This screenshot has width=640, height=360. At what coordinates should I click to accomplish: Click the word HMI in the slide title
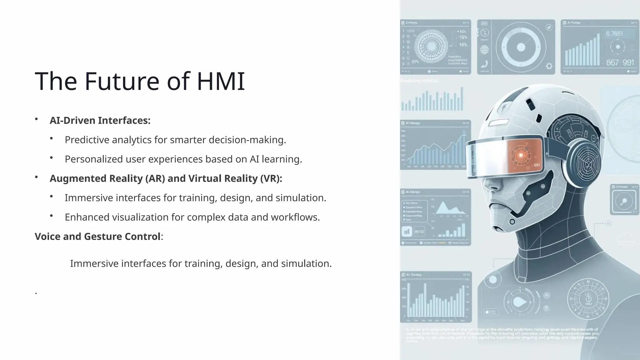point(221,81)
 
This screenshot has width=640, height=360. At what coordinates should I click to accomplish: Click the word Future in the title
point(122,81)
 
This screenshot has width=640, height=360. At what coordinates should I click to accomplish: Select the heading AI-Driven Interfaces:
point(100,120)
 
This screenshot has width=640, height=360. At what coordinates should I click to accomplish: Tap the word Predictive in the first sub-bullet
point(87,140)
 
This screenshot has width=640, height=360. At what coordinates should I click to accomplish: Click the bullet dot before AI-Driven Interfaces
point(37,119)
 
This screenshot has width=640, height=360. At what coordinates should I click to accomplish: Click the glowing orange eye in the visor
point(521,155)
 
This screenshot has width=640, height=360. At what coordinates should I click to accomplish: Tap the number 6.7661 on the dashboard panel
point(614,34)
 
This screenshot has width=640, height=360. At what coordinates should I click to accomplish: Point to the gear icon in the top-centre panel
point(549,66)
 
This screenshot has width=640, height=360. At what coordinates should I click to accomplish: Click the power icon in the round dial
point(588,298)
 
